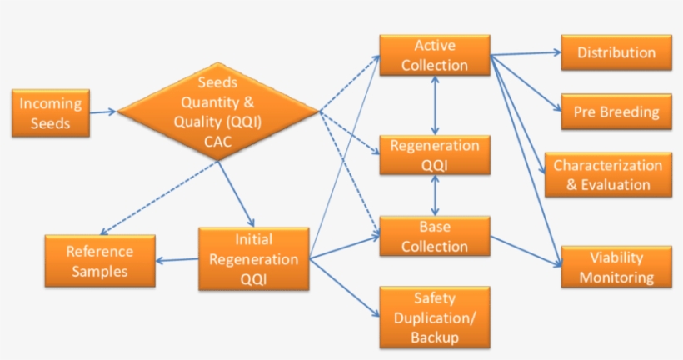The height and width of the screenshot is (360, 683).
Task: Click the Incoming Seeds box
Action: point(51,113)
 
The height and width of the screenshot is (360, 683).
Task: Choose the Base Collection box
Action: point(435,236)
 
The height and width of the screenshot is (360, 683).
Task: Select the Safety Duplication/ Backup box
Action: point(435,317)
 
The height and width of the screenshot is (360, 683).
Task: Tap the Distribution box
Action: point(616,52)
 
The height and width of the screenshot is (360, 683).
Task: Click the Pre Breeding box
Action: point(616,112)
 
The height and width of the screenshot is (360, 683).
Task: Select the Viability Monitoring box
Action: point(616,267)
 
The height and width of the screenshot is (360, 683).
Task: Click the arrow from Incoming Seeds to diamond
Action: point(103,112)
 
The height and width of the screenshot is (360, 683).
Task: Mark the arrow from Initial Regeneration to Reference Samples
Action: point(177,259)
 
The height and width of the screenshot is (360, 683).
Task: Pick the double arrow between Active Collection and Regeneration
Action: point(435,106)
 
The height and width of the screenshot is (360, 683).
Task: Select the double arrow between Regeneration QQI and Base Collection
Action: point(435,196)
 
